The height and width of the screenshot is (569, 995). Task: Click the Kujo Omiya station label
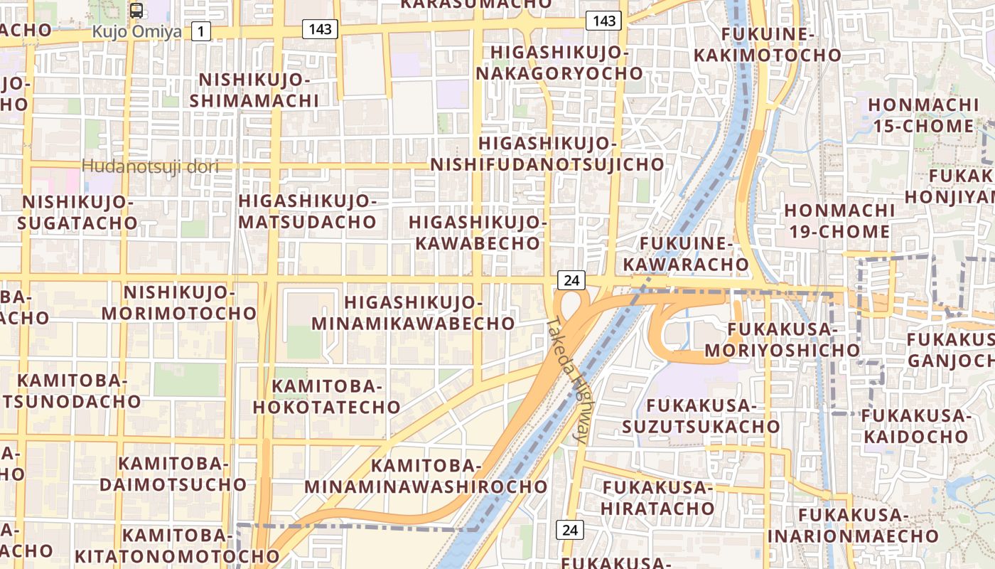click(x=136, y=32)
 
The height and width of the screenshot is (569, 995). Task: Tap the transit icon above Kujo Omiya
click(x=136, y=11)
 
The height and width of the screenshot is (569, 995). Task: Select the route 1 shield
click(x=202, y=31)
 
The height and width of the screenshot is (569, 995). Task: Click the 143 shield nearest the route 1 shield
click(x=319, y=28)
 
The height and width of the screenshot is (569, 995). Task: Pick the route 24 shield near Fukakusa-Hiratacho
click(x=569, y=529)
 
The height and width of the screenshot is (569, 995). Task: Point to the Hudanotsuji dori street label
click(x=149, y=166)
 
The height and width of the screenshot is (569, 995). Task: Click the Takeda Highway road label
click(x=568, y=381)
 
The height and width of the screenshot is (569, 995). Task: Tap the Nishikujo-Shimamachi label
click(x=254, y=90)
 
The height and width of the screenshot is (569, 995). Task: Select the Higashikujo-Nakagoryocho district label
click(x=559, y=63)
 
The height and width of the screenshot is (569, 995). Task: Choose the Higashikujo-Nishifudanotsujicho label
click(x=547, y=154)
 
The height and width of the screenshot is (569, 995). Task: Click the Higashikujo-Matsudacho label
click(x=307, y=211)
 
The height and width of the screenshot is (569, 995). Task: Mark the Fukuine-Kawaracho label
click(x=686, y=254)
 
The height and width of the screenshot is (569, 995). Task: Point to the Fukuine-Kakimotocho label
click(x=767, y=45)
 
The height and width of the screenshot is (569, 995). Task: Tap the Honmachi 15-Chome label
click(x=923, y=116)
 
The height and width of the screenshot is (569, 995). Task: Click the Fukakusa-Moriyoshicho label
click(x=782, y=340)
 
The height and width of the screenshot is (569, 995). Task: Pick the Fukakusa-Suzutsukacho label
click(x=701, y=416)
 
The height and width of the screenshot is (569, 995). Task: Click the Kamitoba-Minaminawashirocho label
click(x=426, y=477)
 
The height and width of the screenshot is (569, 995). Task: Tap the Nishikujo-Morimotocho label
click(x=179, y=303)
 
